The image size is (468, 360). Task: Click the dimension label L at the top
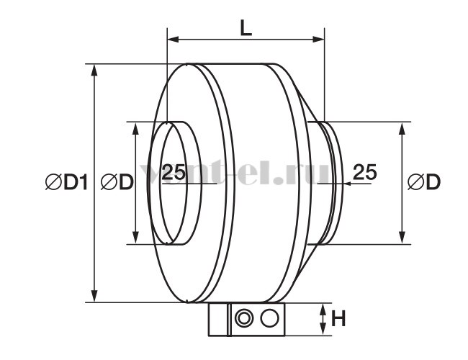coord(246,29)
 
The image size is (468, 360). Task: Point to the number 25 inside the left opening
coord(174,171)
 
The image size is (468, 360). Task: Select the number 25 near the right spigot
coord(365,171)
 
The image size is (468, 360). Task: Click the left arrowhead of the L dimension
coord(173,39)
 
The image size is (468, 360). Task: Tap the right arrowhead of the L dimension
coord(318,39)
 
